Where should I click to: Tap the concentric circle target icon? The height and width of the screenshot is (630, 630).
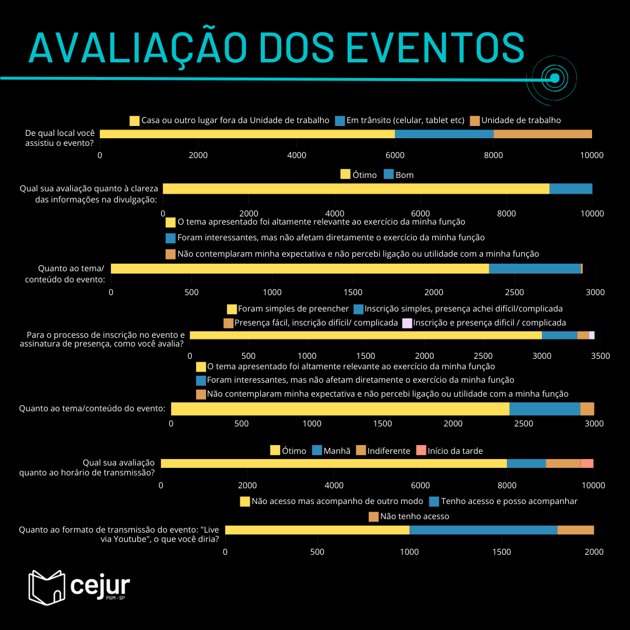(554, 78)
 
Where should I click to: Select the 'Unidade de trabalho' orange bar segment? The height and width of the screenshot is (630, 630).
(542, 134)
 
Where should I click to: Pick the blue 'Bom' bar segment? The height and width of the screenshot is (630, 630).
(570, 188)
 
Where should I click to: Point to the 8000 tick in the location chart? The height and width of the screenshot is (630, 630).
(494, 155)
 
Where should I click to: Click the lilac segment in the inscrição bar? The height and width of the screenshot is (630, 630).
(591, 335)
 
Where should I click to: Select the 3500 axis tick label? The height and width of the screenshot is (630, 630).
(600, 356)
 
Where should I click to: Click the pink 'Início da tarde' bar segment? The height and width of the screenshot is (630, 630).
(587, 463)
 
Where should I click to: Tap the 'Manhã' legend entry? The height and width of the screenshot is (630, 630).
(331, 450)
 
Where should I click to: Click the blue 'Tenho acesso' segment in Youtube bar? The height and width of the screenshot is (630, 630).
(483, 530)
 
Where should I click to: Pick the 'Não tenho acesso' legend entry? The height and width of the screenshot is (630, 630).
(409, 516)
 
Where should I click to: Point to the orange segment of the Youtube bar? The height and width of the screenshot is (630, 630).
(575, 530)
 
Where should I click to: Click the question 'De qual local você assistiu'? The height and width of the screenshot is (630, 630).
(60, 138)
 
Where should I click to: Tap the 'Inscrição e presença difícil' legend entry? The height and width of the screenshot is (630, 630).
(484, 323)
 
